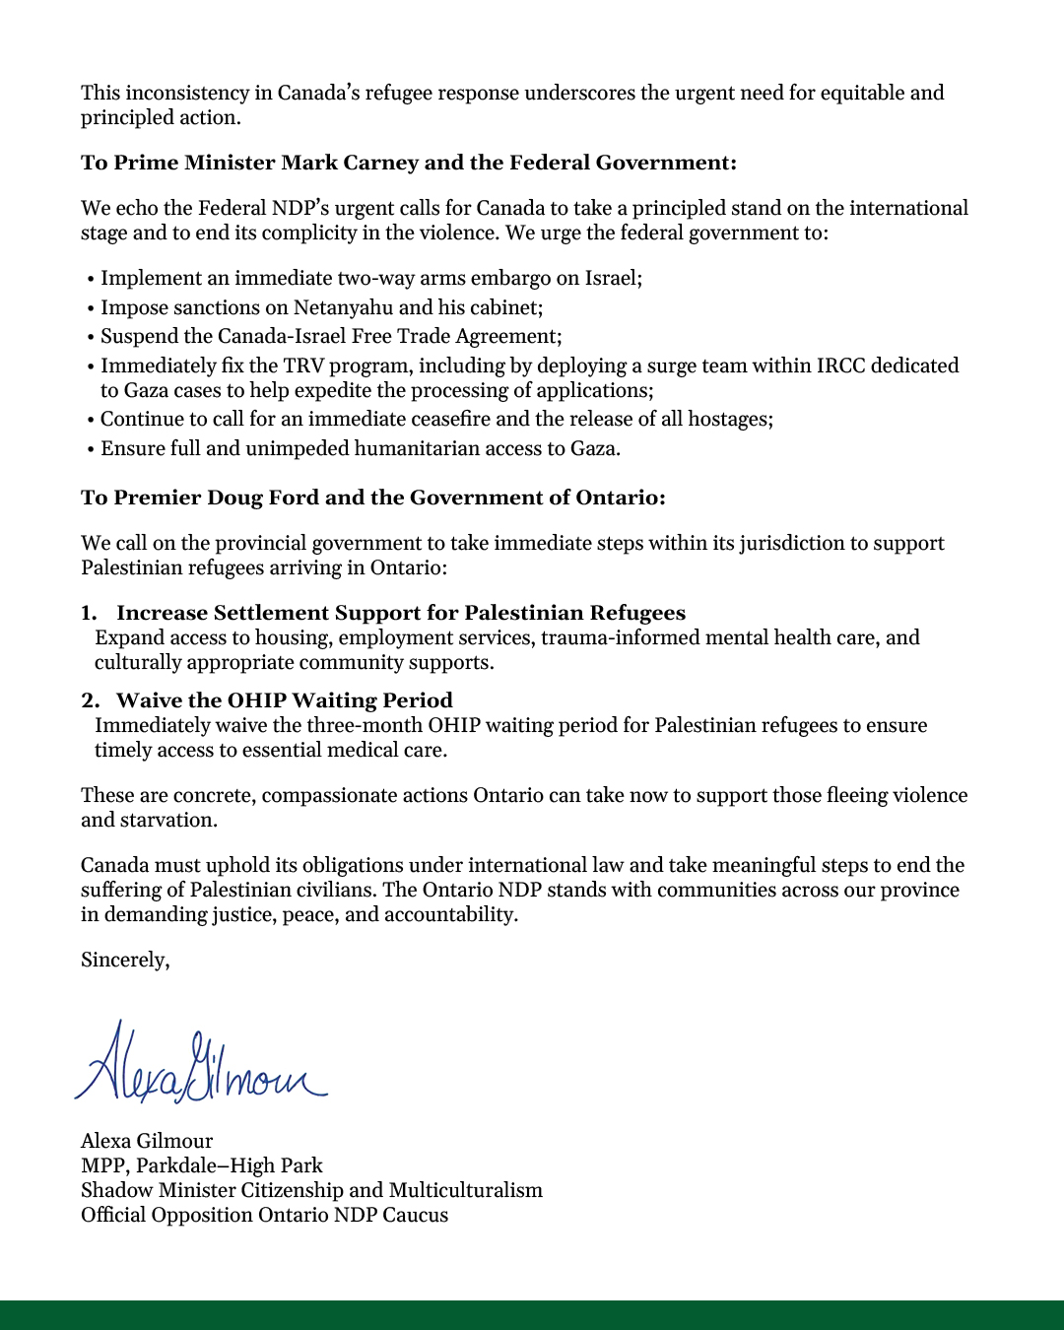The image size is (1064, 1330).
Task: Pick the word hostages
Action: (x=729, y=419)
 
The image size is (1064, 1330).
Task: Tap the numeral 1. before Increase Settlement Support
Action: (x=90, y=613)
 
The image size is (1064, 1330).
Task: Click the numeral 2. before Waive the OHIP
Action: (x=91, y=700)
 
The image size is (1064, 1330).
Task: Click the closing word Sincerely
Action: (x=124, y=960)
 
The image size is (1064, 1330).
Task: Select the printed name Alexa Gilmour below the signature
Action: (x=147, y=1141)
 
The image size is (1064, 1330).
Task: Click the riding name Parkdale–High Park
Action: (x=230, y=1165)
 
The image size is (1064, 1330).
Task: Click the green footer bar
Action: (x=532, y=1315)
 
